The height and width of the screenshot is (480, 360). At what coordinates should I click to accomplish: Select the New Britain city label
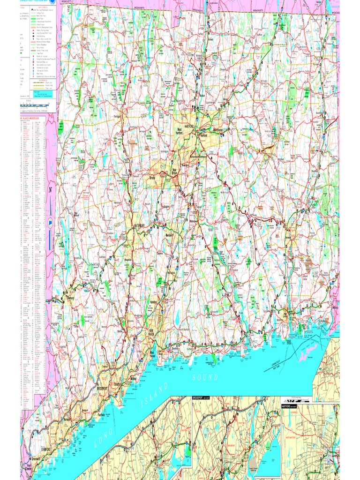[x=174, y=172]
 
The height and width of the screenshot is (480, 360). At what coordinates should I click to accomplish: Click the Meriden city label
[x=169, y=235]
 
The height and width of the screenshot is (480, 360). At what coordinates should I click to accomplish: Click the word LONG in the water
[x=104, y=440]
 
